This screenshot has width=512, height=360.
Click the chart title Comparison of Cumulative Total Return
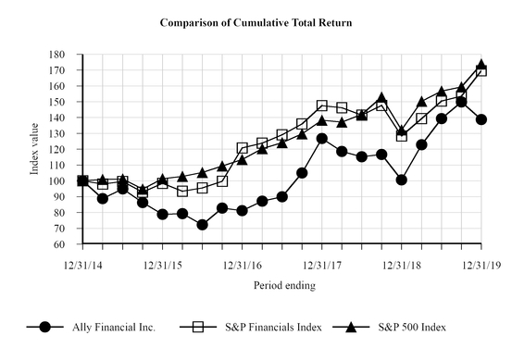pyautogui.click(x=256, y=21)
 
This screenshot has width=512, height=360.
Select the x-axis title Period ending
pyautogui.click(x=284, y=286)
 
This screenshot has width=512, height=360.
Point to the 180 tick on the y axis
pyautogui.click(x=69, y=55)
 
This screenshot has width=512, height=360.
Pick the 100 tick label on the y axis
pyautogui.click(x=69, y=181)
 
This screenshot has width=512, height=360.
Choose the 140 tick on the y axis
pyautogui.click(x=69, y=118)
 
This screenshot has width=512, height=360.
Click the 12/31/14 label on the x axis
pyautogui.click(x=83, y=265)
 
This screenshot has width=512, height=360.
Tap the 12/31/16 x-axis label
pyautogui.click(x=243, y=265)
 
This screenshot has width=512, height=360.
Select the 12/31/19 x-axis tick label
pyautogui.click(x=481, y=265)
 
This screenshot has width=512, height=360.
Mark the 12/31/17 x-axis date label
pyautogui.click(x=321, y=265)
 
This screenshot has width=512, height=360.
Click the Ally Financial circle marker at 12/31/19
pyautogui.click(x=481, y=119)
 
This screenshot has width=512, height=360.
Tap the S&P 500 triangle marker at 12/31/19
pyautogui.click(x=481, y=65)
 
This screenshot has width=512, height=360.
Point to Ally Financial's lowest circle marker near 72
pyautogui.click(x=202, y=225)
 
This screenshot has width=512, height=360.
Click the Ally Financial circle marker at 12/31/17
pyautogui.click(x=321, y=139)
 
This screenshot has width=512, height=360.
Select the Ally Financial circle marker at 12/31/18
pyautogui.click(x=401, y=180)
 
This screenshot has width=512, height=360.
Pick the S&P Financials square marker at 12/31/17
pyautogui.click(x=321, y=106)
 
